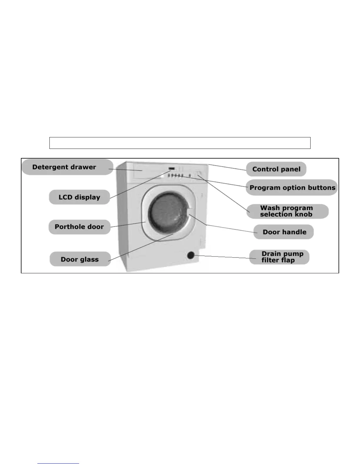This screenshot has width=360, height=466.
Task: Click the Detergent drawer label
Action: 64,167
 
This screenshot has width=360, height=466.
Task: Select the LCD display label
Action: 79,197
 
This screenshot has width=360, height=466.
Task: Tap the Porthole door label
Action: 79,227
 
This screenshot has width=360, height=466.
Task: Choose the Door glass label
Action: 80,259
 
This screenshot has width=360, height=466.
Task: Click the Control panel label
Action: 276,169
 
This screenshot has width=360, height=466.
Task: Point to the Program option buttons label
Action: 292,188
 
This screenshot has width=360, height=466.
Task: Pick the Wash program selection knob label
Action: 286,211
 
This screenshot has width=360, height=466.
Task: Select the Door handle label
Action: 284,232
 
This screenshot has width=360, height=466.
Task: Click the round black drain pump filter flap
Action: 191,255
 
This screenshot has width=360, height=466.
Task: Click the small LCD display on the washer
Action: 172,169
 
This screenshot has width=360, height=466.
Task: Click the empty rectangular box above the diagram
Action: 180,143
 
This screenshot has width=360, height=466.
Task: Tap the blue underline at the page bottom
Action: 58,463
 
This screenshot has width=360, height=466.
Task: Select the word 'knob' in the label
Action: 303,214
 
